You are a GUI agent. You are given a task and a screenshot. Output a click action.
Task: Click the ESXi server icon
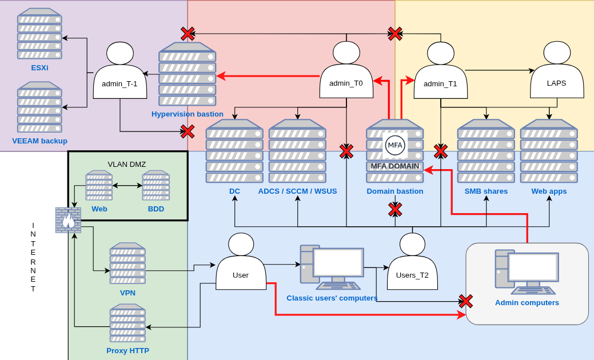pyautogui.click(x=39, y=34)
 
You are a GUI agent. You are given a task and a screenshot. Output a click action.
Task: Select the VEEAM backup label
pyautogui.click(x=39, y=141)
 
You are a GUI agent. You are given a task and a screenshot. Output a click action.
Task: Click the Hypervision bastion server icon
pyautogui.click(x=188, y=74)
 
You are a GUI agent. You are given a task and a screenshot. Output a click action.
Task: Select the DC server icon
pyautogui.click(x=234, y=151)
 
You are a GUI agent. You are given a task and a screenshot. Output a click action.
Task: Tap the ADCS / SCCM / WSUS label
pyautogui.click(x=297, y=191)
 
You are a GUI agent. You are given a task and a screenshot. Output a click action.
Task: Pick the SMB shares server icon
pyautogui.click(x=486, y=151)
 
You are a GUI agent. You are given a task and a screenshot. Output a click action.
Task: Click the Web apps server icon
pyautogui.click(x=549, y=151)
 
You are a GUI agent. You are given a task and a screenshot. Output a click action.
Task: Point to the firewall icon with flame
pyautogui.click(x=68, y=219)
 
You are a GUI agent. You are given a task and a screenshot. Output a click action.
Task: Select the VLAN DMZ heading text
pyautogui.click(x=127, y=164)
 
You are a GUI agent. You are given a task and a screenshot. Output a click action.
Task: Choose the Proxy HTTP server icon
pyautogui.click(x=127, y=323)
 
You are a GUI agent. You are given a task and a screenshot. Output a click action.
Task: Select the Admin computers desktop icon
pyautogui.click(x=526, y=272)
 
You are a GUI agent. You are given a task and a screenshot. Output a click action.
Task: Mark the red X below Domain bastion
pyautogui.click(x=395, y=210)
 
